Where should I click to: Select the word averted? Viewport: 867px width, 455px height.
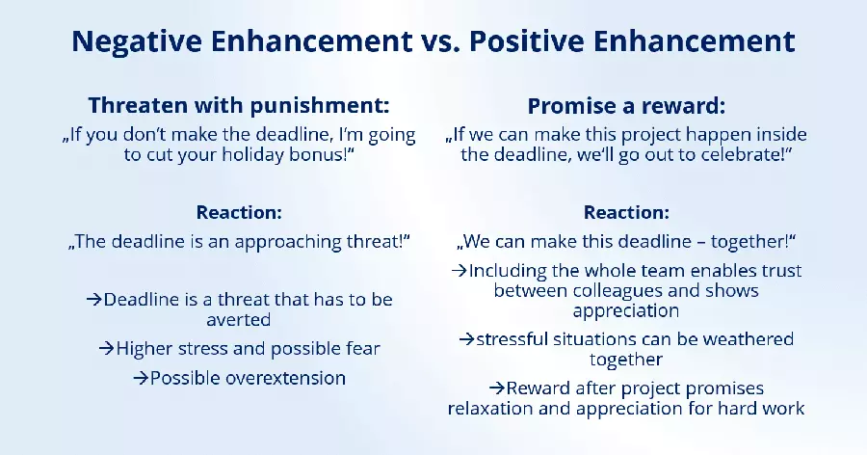(x=237, y=319)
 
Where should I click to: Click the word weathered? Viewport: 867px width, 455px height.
(x=748, y=339)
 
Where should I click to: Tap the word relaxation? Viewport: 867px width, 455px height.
(x=492, y=408)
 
